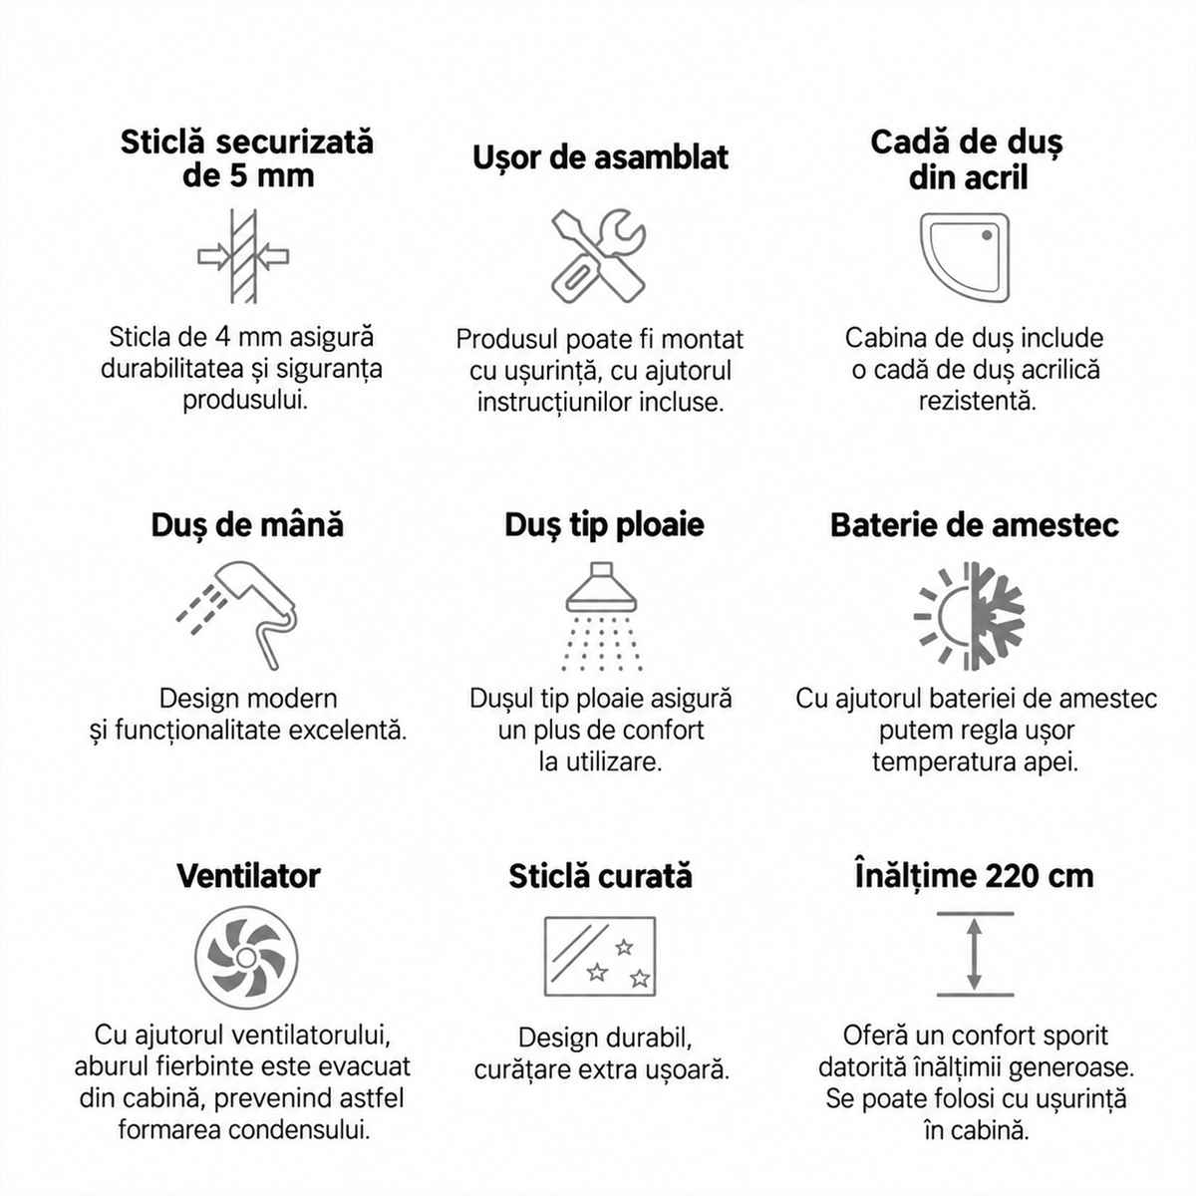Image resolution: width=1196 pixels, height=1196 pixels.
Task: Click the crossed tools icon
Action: (598, 255)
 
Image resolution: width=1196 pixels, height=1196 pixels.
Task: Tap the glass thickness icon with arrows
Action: (243, 256)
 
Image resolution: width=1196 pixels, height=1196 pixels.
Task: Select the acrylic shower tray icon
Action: (964, 257)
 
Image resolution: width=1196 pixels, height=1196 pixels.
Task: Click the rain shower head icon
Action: (601, 616)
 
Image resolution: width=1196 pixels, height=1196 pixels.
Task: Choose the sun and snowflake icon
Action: (969, 616)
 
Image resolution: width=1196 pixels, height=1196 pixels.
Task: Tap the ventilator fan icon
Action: (246, 974)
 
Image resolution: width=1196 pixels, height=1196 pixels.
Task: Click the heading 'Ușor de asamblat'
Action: (600, 157)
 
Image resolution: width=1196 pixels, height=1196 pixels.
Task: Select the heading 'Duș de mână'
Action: (247, 524)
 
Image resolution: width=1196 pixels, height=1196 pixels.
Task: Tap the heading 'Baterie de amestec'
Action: (974, 524)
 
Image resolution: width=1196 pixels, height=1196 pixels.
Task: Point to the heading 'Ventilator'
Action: (248, 875)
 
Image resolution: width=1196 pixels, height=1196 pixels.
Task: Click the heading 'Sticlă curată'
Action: (600, 876)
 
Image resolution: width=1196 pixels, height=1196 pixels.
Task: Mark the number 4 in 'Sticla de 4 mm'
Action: (222, 338)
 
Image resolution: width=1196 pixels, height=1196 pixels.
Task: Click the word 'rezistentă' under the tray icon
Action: (978, 401)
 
